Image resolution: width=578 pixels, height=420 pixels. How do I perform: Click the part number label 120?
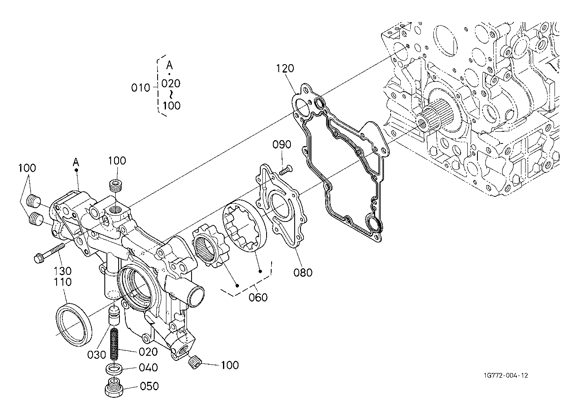(285, 68)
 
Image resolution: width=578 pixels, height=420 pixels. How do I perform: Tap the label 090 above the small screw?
(282, 144)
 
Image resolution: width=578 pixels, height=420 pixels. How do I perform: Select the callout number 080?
(303, 272)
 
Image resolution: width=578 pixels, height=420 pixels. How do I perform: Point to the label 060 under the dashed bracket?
(258, 297)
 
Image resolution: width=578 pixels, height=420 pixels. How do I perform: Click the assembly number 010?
(140, 88)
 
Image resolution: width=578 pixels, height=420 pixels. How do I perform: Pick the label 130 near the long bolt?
(63, 271)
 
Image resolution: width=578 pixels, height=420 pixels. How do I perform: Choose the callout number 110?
(63, 282)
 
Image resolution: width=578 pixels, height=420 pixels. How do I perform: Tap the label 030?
(96, 355)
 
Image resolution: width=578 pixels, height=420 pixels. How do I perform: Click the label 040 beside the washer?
(148, 368)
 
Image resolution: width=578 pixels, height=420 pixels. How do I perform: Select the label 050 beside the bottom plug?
(149, 386)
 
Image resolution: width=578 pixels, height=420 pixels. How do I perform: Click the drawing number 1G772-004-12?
(506, 376)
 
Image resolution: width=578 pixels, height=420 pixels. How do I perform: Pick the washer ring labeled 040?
(113, 368)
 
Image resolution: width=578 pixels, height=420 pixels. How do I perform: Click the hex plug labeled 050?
(113, 387)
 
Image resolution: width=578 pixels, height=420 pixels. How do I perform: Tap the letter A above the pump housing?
(76, 162)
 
